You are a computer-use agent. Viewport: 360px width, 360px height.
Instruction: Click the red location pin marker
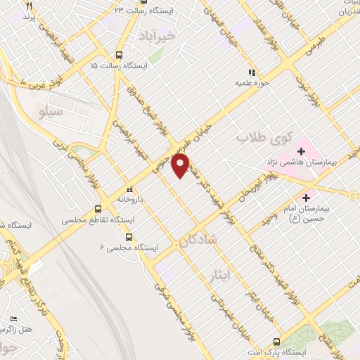tap(181, 165)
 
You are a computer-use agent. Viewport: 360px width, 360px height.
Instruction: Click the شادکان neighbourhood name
tap(210, 240)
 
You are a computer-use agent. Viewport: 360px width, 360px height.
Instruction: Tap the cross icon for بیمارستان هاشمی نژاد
tap(301, 150)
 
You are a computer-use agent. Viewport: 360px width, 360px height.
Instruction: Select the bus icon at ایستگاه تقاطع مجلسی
tap(98, 209)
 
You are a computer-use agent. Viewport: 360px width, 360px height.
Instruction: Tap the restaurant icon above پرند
tap(29, 6)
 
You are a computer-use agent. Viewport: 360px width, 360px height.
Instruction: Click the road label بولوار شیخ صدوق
tap(139, 103)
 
